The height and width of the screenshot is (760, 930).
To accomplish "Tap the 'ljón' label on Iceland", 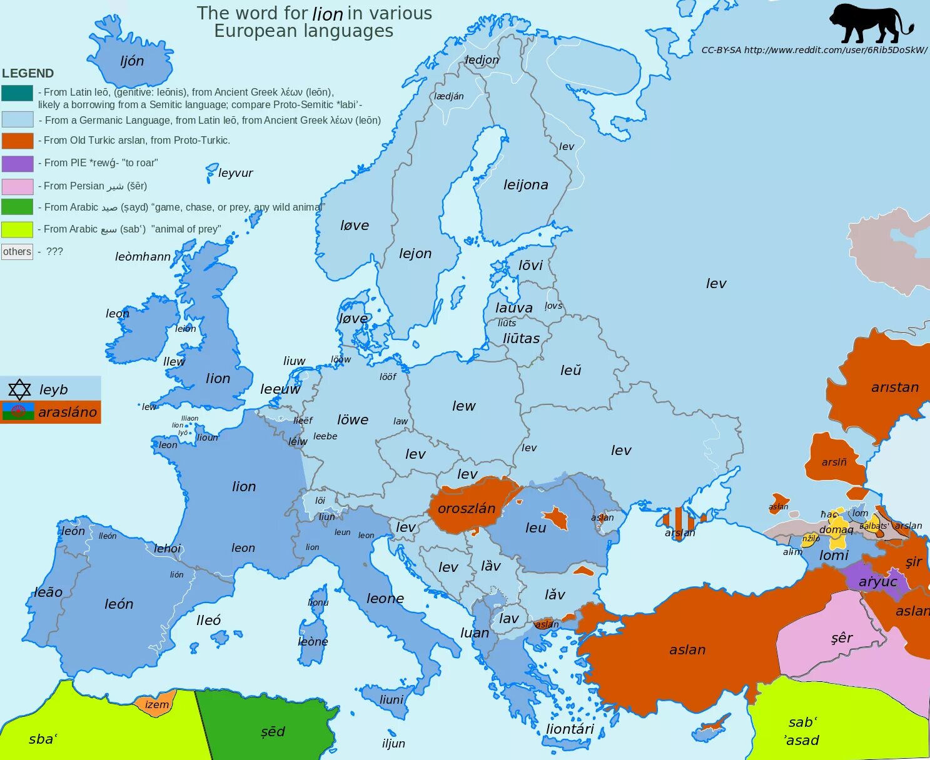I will pos(132,61).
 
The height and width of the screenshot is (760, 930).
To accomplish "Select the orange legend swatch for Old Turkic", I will pos(18,141).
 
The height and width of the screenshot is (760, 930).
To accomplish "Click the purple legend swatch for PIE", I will pos(18,163).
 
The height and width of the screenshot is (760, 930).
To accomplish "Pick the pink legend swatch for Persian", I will pos(18,186).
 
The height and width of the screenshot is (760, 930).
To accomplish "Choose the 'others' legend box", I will pos(17,252).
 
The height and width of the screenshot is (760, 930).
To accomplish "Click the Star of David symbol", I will pos(19,389).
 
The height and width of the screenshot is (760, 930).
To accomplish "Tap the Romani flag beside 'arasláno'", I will pos(18,412).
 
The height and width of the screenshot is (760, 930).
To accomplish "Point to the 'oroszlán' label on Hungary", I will pos(467,509).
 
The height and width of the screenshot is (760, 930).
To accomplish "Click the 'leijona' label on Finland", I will pos(526,185).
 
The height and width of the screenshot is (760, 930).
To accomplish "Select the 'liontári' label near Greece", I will pos(570,729).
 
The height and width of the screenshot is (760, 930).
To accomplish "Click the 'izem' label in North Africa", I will pos(157,705).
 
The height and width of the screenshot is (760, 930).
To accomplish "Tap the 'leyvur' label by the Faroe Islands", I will pos(236,173).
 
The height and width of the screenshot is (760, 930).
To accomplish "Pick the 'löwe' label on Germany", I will pos(353,420).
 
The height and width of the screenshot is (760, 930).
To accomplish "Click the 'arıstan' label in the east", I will pos(895,387).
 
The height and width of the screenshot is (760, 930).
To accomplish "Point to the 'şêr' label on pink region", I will pos(842,638).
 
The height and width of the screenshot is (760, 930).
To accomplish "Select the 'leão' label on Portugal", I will pos(48,592).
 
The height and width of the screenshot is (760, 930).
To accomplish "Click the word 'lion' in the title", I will pos(328,14).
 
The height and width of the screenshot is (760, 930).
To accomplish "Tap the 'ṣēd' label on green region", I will pos(273,732).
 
